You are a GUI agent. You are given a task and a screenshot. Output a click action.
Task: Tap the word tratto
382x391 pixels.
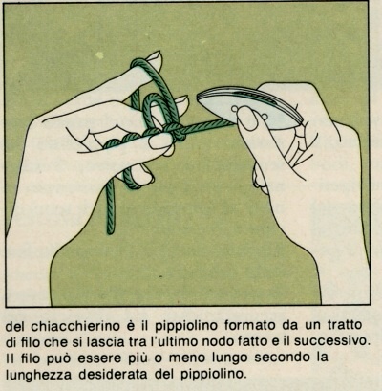pyautogui.click(x=345, y=325)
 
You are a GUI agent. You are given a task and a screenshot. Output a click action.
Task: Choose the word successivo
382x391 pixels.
pyautogui.click(x=332, y=341)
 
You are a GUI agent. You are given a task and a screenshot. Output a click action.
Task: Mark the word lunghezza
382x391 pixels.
pyautogui.click(x=39, y=374)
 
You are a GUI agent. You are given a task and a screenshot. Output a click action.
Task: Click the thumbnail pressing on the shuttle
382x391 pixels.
pyautogui.click(x=248, y=118)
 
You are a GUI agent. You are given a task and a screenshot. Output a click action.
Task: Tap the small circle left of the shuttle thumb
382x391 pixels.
pyautogui.click(x=235, y=109)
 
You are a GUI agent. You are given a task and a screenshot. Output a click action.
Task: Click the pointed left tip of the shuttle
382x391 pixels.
pyautogui.click(x=198, y=98)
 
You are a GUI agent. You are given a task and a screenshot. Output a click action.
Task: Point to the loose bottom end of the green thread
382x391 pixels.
pyautogui.click(x=111, y=230)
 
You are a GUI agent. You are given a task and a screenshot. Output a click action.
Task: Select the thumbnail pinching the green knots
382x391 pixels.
pyautogui.click(x=160, y=141)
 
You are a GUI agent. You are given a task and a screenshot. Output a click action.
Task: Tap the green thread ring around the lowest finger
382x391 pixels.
pyautogui.click(x=132, y=180)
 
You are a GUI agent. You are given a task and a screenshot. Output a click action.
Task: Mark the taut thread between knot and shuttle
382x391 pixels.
pyautogui.click(x=210, y=128)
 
